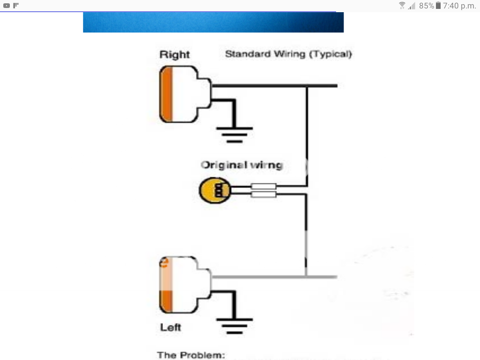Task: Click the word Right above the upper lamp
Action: click(174, 55)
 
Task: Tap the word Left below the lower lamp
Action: click(171, 327)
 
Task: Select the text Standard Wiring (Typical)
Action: click(288, 54)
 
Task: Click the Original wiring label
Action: click(241, 165)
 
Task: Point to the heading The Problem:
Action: click(191, 355)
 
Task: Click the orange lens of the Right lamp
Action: click(167, 95)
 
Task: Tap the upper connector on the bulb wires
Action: click(264, 187)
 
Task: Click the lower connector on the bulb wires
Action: click(264, 194)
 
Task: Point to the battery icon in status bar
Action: click(438, 6)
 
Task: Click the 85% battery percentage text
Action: click(427, 6)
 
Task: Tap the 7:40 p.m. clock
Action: click(459, 6)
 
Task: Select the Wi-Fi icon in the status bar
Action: click(402, 6)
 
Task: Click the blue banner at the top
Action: click(213, 22)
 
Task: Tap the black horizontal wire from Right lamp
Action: click(274, 86)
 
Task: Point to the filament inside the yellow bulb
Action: click(218, 190)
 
